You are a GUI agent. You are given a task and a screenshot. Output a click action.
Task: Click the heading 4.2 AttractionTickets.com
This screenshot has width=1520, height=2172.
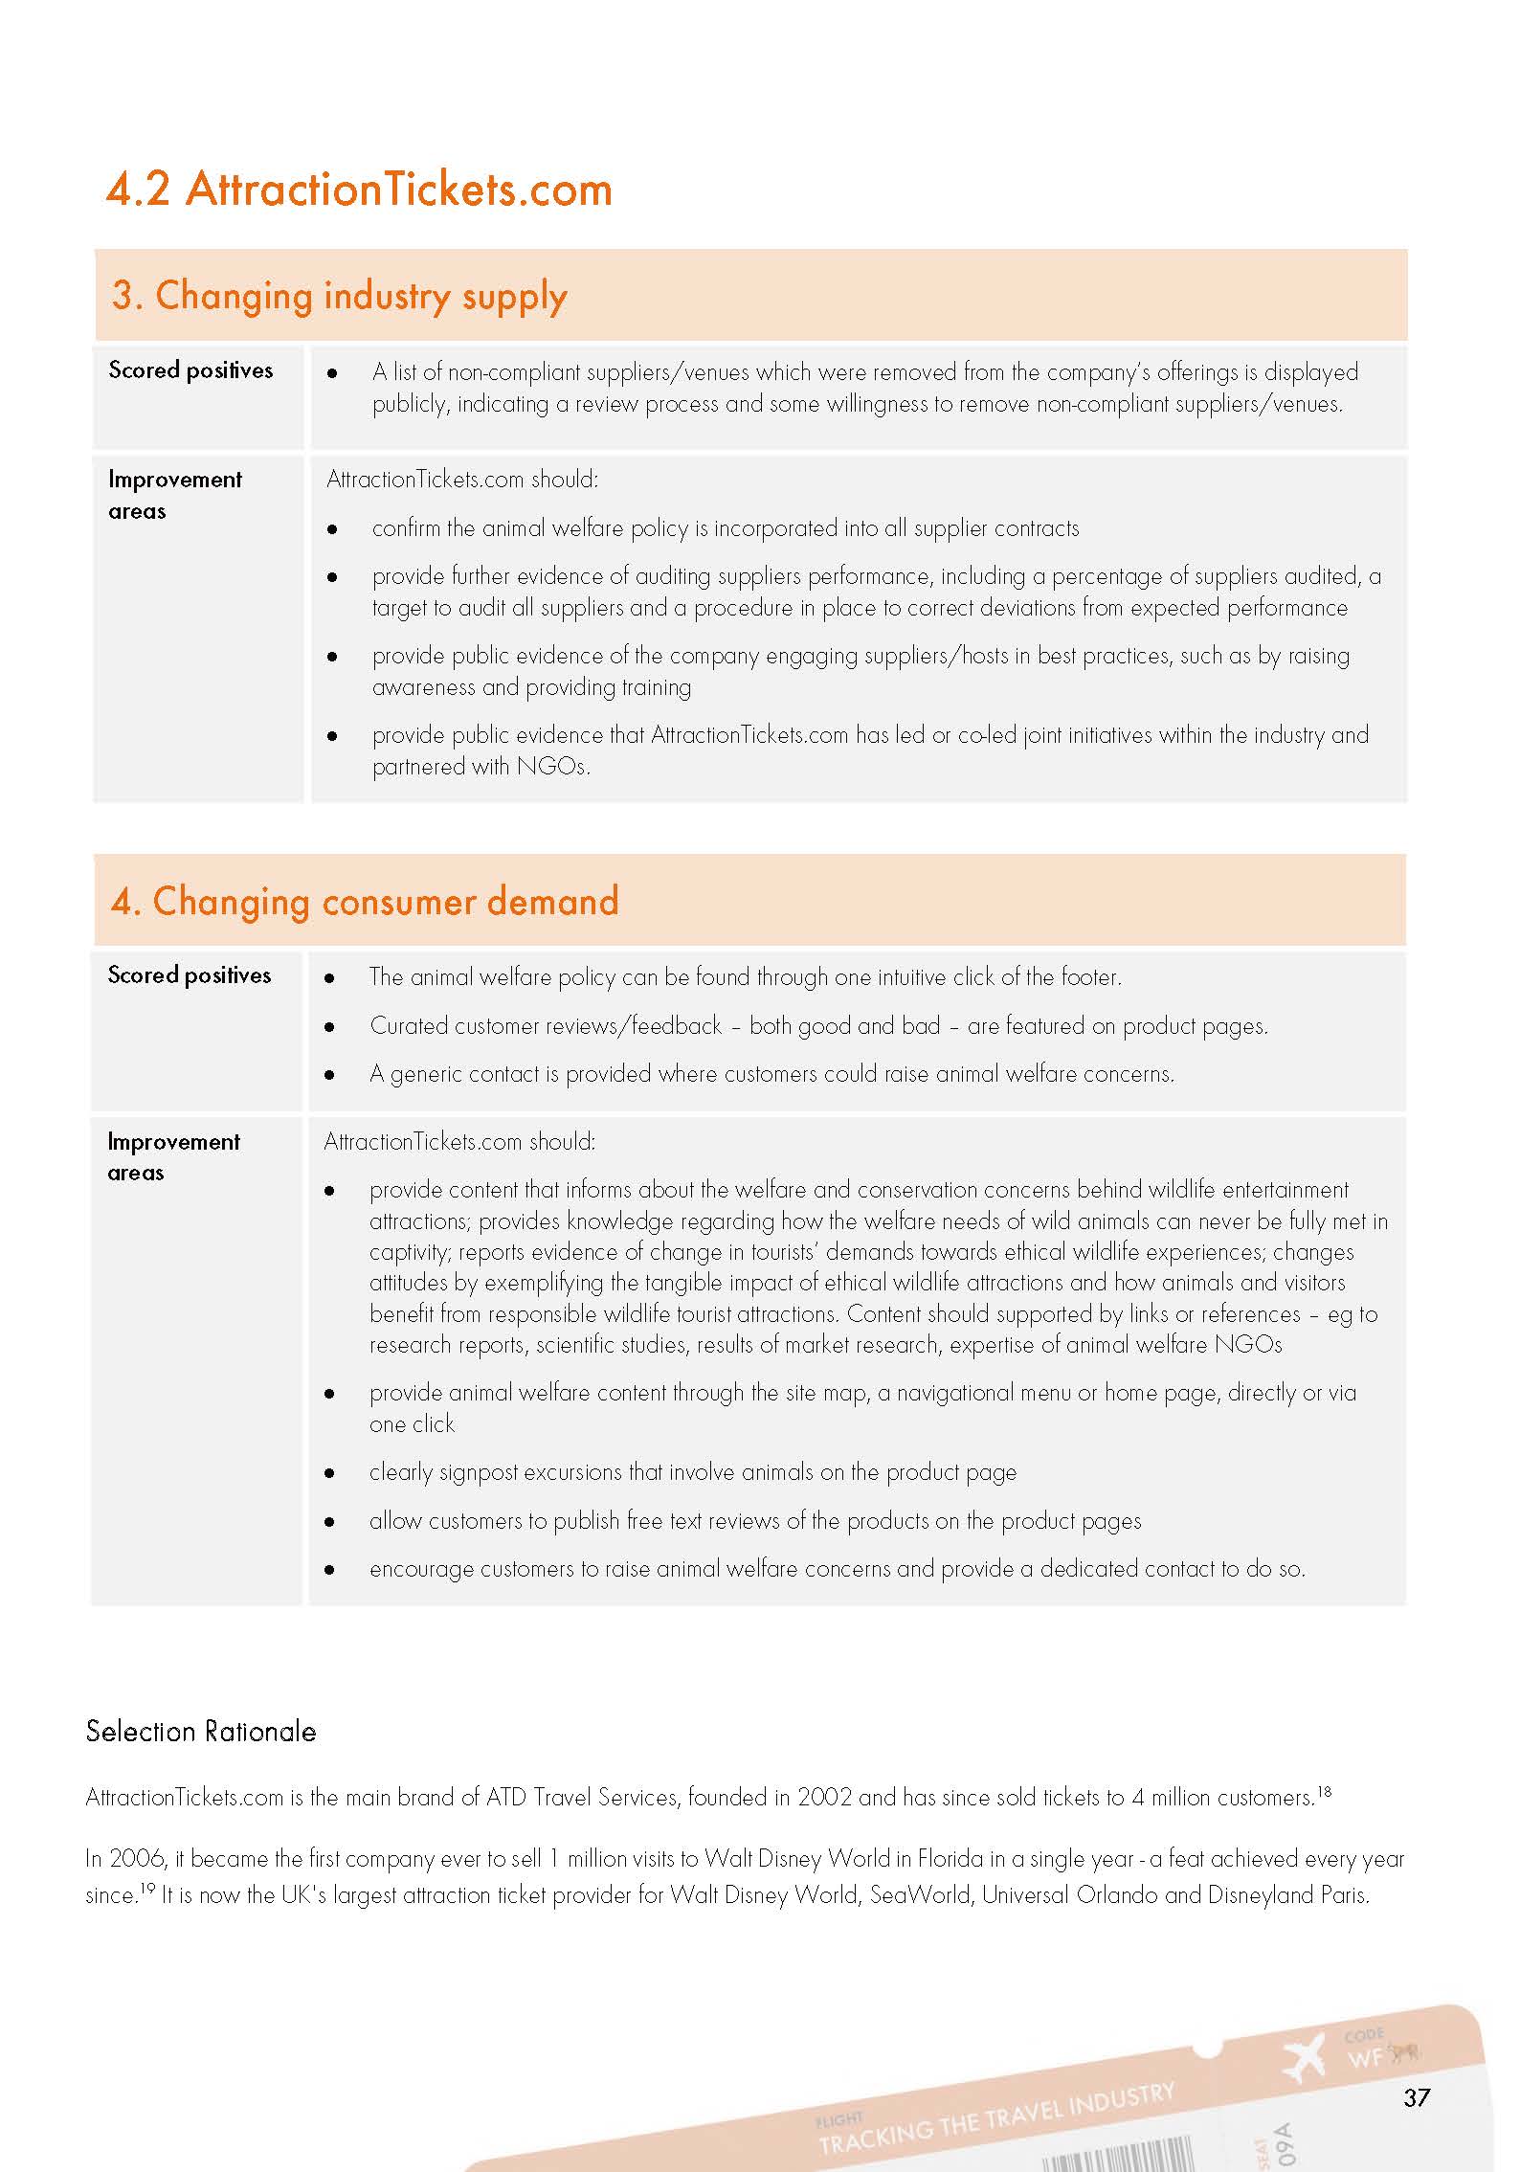coord(359,189)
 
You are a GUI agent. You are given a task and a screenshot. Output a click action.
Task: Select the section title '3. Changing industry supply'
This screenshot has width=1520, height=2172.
coord(340,296)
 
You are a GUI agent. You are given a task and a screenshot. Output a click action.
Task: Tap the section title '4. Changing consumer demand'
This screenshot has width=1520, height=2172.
coord(365,902)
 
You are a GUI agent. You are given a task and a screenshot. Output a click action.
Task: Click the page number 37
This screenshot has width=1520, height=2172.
coord(1417,2098)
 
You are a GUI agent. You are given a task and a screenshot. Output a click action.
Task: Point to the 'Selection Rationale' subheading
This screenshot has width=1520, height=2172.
coord(201,1732)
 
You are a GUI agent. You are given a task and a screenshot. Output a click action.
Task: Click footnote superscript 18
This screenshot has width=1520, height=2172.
coord(1324,1790)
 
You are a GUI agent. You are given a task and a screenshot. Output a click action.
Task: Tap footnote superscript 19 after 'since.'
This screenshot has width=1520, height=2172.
coord(148,1888)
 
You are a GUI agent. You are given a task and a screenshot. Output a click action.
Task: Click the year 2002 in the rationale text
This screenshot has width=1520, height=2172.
coord(824,1798)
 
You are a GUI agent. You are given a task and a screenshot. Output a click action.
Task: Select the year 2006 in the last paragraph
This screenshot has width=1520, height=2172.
coord(138,1859)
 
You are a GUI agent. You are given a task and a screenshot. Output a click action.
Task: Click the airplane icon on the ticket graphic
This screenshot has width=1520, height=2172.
coord(1304,2057)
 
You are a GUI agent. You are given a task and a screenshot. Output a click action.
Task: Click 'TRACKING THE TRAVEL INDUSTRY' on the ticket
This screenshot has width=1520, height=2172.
coord(995,2119)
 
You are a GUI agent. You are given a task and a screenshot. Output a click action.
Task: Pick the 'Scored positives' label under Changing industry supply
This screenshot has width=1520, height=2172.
coord(190,370)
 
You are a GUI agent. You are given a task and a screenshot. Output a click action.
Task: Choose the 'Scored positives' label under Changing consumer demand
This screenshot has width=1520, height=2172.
coord(190,975)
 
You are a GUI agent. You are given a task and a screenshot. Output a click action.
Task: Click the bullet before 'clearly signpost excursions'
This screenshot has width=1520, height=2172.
coord(330,1473)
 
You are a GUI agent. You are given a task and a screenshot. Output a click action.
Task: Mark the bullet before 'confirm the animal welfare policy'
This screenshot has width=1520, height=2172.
coord(332,529)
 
